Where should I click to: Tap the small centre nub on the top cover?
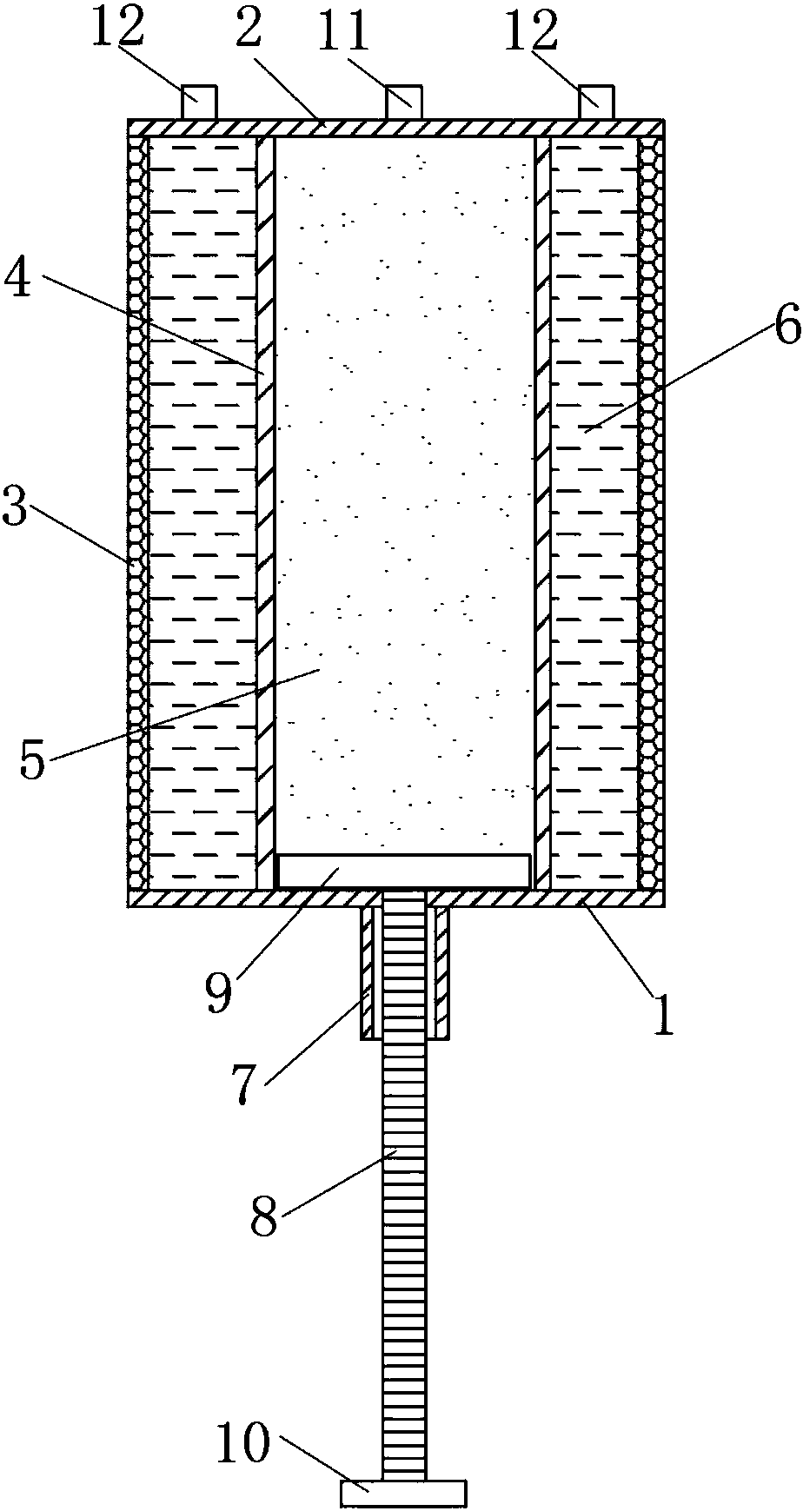(x=404, y=103)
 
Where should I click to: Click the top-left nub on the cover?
(x=198, y=103)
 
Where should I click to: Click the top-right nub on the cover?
(x=597, y=103)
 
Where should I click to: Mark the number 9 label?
(x=219, y=993)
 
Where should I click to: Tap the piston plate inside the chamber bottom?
(x=402, y=871)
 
